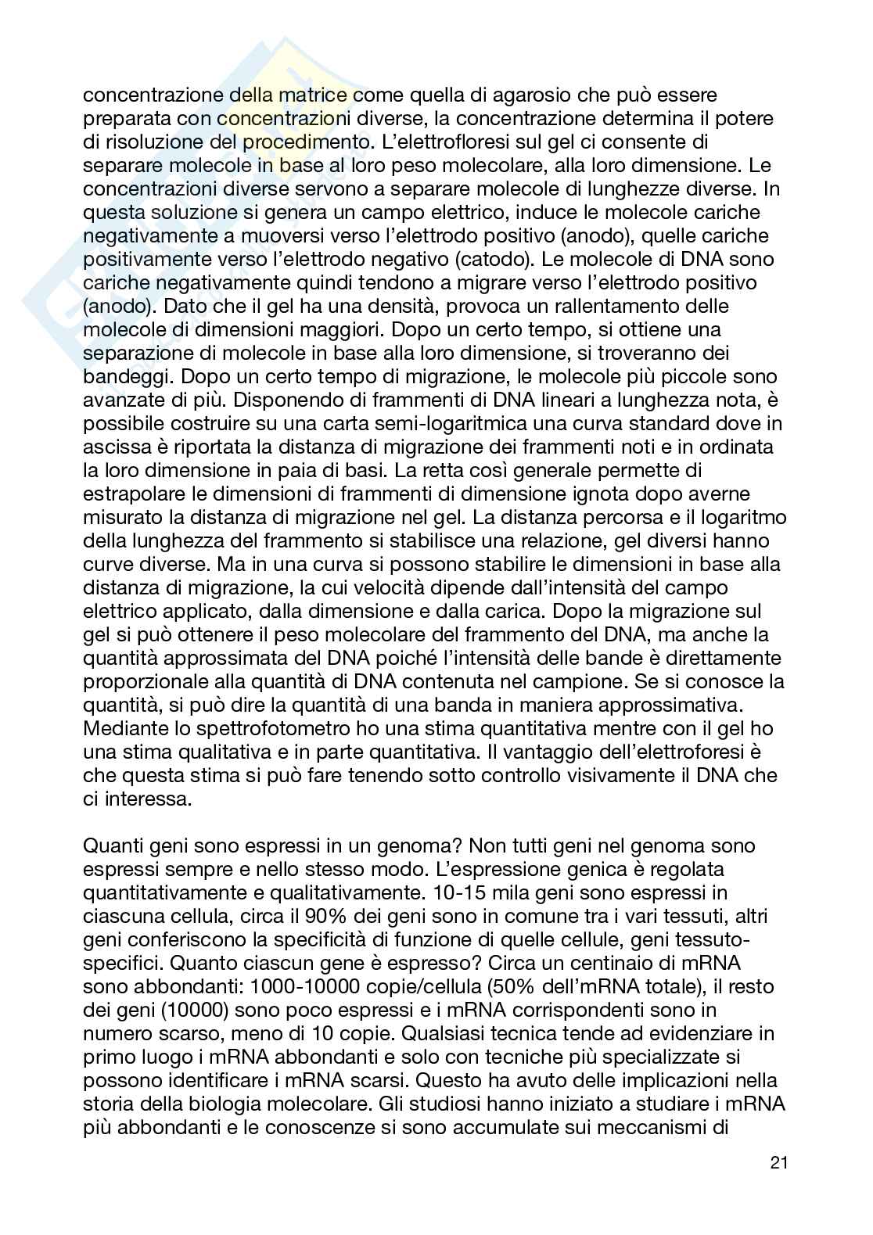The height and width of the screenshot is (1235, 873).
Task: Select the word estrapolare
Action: tap(132, 494)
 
